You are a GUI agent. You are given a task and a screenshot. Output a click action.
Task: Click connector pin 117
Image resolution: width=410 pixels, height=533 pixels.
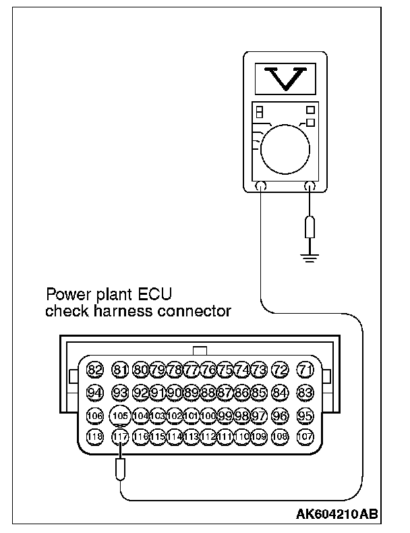(120, 437)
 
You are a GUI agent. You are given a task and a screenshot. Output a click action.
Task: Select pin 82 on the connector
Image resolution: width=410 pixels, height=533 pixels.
(95, 370)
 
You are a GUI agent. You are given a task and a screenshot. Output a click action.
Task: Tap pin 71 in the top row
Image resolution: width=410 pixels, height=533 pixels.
(305, 370)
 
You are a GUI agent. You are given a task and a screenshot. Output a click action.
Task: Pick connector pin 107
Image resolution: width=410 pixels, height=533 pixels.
(305, 437)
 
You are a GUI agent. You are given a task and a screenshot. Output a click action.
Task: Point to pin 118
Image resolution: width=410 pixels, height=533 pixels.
(95, 437)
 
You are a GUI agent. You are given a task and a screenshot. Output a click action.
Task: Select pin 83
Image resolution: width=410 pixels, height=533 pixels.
(305, 392)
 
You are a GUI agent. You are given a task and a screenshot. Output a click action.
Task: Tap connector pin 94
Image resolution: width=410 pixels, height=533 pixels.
(95, 392)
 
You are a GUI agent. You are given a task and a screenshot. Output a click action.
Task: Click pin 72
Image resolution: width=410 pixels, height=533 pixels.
(281, 370)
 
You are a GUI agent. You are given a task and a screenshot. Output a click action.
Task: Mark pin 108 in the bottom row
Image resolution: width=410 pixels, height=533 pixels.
(281, 437)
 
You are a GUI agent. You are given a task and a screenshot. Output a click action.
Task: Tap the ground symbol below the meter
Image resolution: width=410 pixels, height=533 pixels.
(310, 256)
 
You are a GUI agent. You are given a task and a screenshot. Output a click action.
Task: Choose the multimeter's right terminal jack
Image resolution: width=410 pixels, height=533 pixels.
(310, 187)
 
